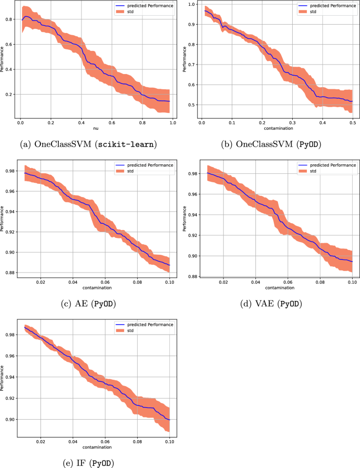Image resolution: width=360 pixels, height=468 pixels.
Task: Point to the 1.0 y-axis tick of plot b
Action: click(191, 4)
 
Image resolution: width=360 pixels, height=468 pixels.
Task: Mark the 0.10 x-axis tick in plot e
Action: click(170, 441)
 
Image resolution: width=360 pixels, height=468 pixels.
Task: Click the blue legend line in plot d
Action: click(303, 165)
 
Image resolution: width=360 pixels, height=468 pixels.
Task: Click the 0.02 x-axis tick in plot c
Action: click(40, 281)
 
